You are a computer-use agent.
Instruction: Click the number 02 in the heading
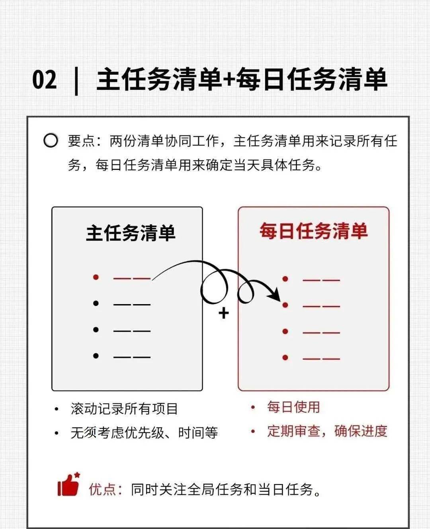click(45, 80)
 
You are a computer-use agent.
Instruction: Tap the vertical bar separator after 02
click(76, 81)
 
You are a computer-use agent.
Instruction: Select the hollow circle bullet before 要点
click(51, 141)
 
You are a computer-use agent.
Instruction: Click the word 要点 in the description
click(81, 141)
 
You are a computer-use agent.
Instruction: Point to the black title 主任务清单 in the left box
click(131, 233)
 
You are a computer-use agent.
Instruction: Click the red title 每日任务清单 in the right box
click(313, 231)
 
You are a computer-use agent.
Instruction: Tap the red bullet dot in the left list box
click(96, 277)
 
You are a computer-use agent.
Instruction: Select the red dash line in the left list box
click(132, 278)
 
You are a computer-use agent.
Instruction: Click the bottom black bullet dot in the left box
click(96, 355)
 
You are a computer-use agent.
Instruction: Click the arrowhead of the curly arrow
click(275, 296)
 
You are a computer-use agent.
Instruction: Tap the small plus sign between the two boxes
click(224, 313)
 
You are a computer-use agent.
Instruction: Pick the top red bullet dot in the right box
click(285, 279)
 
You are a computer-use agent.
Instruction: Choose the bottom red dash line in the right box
click(321, 358)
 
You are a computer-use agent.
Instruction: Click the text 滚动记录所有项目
click(124, 409)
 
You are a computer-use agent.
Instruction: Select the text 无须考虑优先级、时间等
click(144, 433)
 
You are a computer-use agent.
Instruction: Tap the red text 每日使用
click(293, 407)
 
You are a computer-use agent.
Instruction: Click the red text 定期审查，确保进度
click(327, 431)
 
